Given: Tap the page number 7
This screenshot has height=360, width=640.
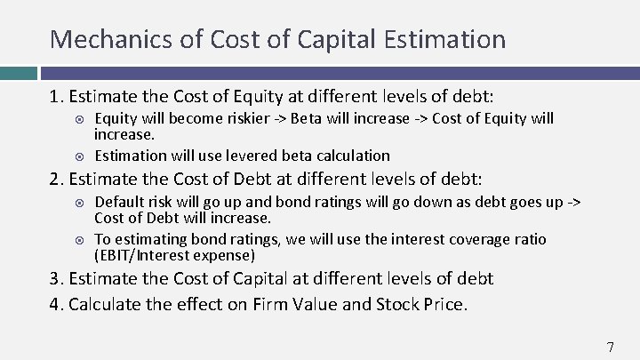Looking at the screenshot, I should pos(610,348).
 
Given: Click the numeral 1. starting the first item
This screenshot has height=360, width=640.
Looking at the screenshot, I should pos(56,95).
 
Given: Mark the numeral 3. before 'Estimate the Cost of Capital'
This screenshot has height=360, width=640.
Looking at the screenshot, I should pos(56,278).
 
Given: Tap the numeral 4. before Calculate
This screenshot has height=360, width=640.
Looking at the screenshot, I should pos(56,304).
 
